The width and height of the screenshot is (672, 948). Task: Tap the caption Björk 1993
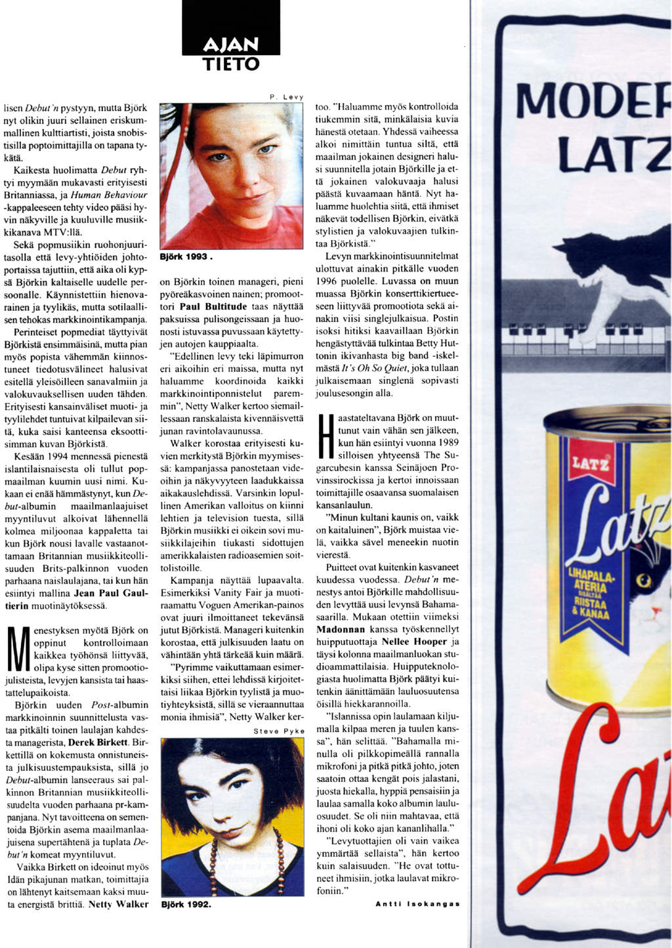pyautogui.click(x=186, y=257)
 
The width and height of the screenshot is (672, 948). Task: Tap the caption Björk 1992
pyautogui.click(x=186, y=904)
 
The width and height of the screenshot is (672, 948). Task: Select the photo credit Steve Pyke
pyautogui.click(x=278, y=731)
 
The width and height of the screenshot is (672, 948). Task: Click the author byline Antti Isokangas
pyautogui.click(x=417, y=904)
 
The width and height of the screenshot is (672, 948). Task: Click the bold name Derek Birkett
pyautogui.click(x=98, y=742)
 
